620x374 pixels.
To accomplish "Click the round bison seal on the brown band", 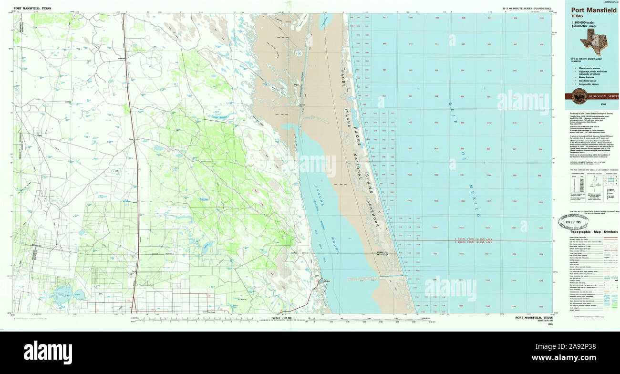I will (579, 95).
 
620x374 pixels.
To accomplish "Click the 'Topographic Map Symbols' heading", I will (590, 232).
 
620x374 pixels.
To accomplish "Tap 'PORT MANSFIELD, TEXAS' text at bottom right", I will (534, 318).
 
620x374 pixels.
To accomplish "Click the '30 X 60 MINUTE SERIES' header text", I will (527, 9).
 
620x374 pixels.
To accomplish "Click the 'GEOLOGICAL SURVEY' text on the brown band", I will (603, 96).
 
